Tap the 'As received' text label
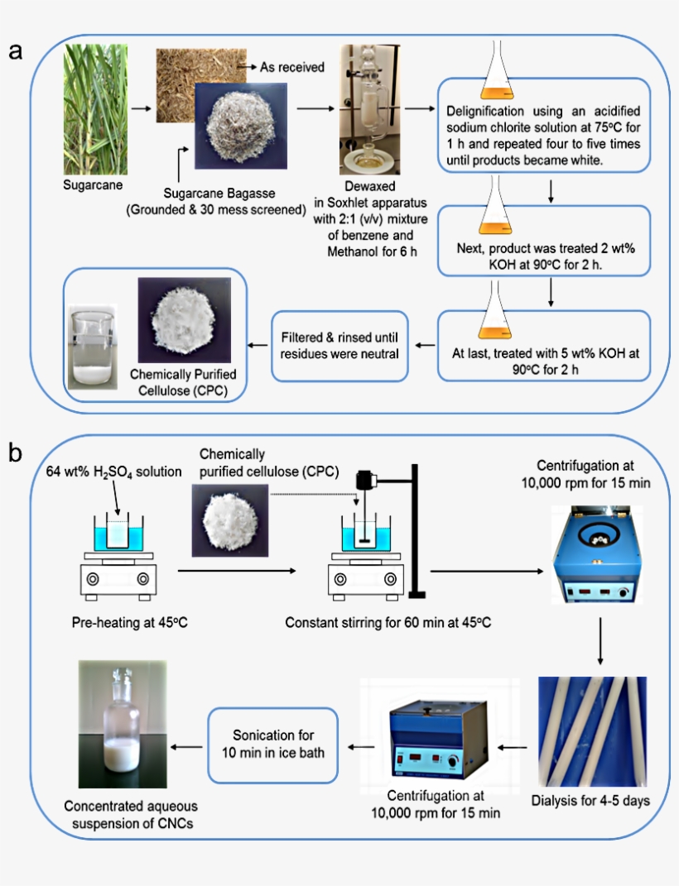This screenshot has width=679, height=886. [x=291, y=68]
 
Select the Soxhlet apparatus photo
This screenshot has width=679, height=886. [x=367, y=116]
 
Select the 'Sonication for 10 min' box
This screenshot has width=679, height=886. [x=272, y=745]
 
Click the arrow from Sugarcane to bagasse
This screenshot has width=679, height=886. [x=142, y=108]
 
